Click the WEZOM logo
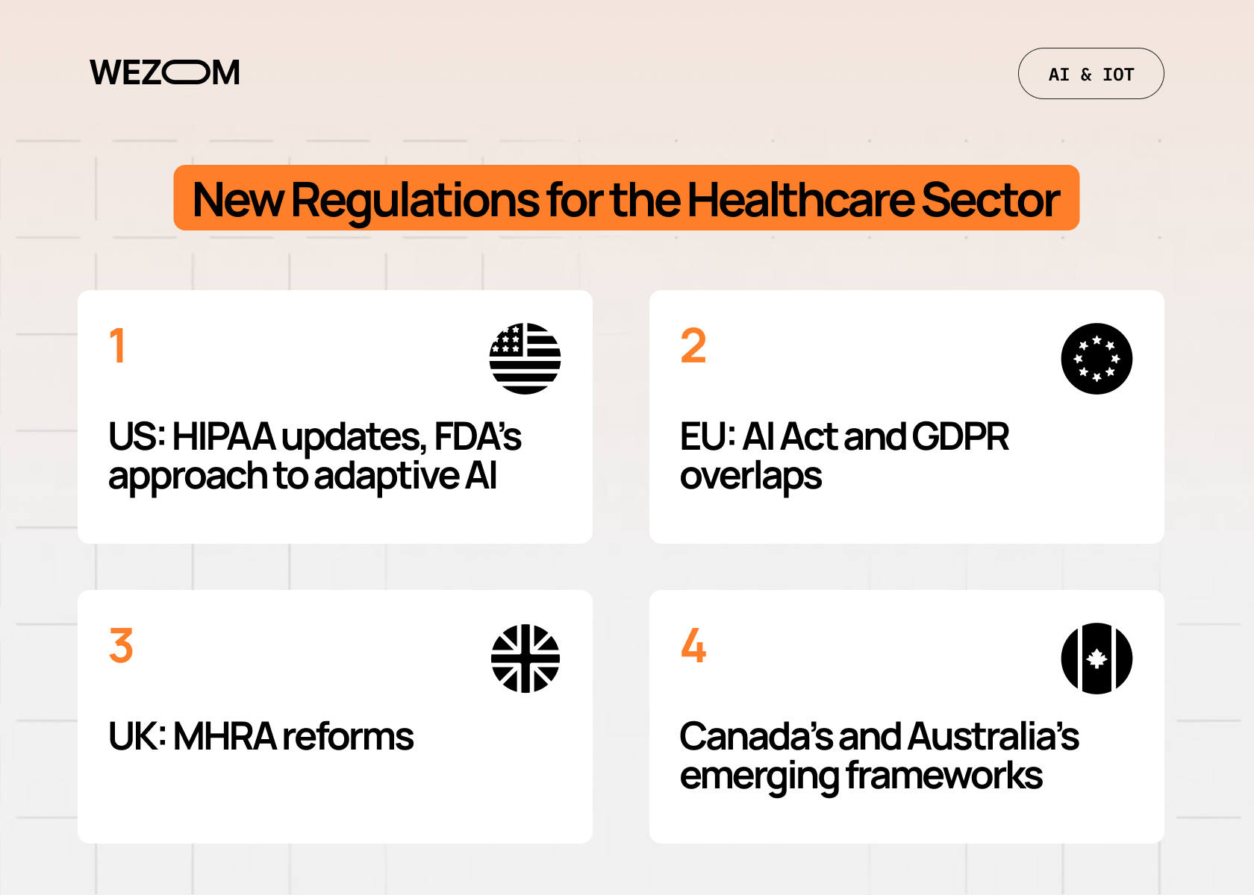pos(165,72)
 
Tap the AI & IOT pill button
pos(1091,74)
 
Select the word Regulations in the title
pos(414,199)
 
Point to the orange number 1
pos(117,345)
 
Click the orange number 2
pos(693,345)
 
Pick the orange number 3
pos(121,645)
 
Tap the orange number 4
pos(693,645)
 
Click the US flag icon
pos(525,359)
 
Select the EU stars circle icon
pos(1097,359)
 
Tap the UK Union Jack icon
pos(525,659)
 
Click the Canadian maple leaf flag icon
pos(1097,659)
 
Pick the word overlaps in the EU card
pos(750,476)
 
